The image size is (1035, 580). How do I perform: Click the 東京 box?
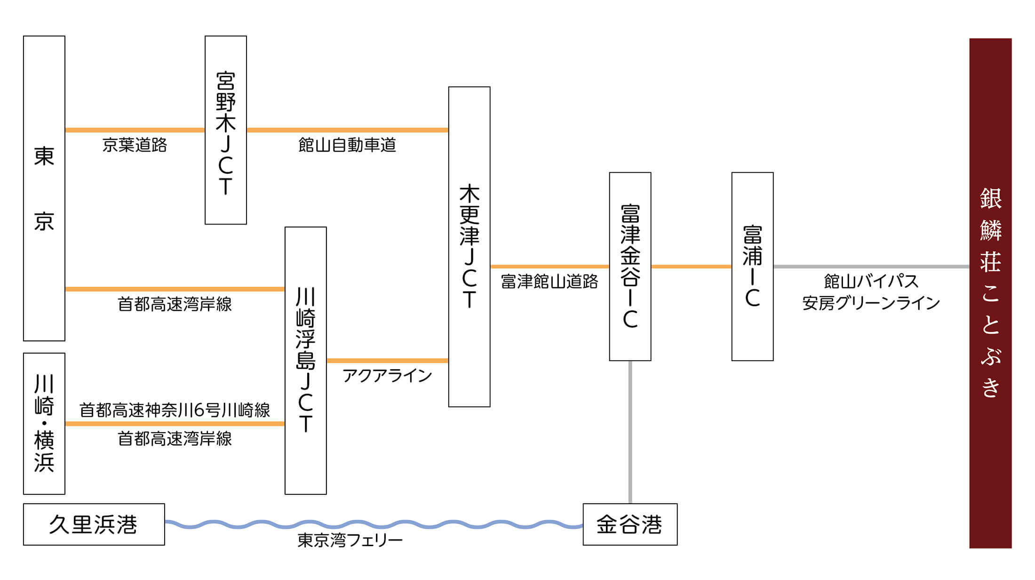click(x=44, y=188)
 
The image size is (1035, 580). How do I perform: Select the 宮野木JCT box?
click(x=225, y=130)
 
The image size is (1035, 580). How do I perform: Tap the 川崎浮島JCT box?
click(x=305, y=360)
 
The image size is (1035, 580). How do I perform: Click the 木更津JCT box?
click(x=469, y=246)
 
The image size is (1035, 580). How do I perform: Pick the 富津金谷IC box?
click(x=629, y=266)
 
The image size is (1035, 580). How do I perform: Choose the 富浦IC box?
click(x=752, y=266)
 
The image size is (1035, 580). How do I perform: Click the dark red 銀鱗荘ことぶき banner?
click(x=990, y=293)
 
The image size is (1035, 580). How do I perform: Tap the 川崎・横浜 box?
click(x=44, y=423)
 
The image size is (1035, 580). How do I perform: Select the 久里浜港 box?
click(x=94, y=524)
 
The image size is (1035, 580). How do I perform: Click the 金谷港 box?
click(x=629, y=524)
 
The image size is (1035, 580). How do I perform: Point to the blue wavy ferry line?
click(x=372, y=524)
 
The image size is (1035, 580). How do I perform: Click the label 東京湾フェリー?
click(x=350, y=540)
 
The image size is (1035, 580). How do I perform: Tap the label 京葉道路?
click(x=135, y=145)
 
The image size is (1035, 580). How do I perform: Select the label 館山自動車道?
click(x=347, y=145)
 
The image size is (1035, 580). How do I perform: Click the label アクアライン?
click(x=387, y=376)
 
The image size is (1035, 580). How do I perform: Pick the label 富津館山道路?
click(x=549, y=282)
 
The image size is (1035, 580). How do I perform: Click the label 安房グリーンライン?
click(x=870, y=303)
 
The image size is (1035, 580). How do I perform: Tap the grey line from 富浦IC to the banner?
click(x=870, y=266)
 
